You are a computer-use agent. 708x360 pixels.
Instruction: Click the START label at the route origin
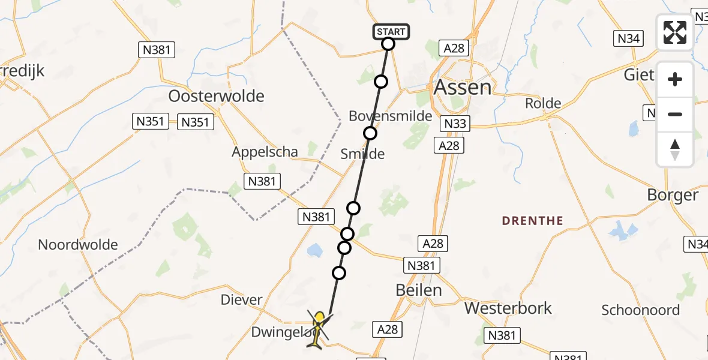pos(391,31)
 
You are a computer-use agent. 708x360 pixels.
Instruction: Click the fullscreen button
pos(675,32)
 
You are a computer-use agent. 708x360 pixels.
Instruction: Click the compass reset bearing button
pos(675,149)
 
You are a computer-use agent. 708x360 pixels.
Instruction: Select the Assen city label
pos(462,88)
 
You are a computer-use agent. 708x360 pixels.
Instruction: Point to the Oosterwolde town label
pos(217,96)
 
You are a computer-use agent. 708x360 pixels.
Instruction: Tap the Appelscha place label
pos(265,152)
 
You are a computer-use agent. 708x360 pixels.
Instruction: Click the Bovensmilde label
pos(391,116)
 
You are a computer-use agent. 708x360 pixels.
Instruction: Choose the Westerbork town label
pos(503,308)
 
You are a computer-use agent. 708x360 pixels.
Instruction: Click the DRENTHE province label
pos(532,221)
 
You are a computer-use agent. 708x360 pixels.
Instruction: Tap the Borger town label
pos(673,195)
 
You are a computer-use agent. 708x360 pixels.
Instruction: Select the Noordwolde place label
pos(78,245)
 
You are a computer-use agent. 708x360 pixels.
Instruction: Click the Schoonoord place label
pos(641,310)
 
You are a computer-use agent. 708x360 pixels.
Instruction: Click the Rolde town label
pos(543,103)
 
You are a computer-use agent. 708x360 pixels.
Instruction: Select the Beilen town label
pos(419,290)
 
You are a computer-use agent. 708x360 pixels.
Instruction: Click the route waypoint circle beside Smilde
pos(370,133)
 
